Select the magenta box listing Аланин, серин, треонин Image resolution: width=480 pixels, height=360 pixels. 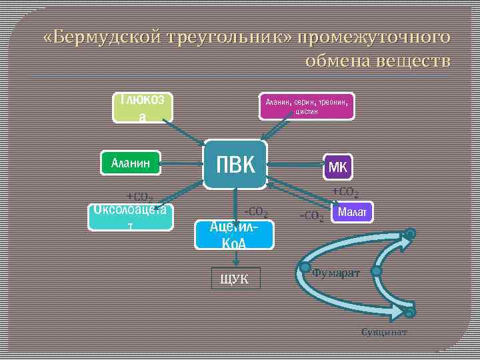pos(306,105)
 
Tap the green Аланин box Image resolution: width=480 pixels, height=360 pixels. pos(131,161)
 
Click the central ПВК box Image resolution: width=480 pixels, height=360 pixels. pos(235,163)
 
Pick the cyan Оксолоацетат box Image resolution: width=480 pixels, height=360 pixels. pos(130,217)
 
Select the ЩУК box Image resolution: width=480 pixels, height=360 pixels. pos(235,279)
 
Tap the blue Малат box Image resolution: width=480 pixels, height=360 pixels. pos(353,213)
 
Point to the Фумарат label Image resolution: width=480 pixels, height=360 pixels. pos(336,273)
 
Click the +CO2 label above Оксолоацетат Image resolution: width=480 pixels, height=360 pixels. pos(140,197)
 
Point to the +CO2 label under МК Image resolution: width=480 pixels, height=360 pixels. pos(346,193)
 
